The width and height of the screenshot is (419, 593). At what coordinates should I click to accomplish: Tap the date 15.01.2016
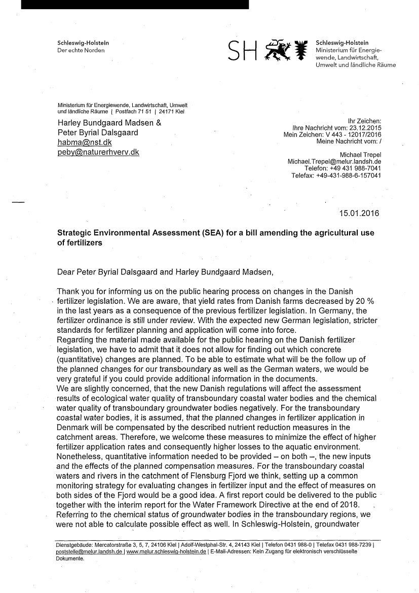(x=359, y=213)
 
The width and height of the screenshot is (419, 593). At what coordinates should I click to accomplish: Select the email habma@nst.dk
(x=85, y=143)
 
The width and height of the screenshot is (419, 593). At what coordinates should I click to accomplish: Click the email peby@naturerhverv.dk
(x=98, y=152)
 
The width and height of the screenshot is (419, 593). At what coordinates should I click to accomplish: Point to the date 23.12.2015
(x=363, y=127)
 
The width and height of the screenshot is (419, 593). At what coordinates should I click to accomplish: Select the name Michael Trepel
(x=360, y=154)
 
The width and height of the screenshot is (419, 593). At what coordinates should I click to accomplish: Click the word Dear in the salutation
(x=67, y=271)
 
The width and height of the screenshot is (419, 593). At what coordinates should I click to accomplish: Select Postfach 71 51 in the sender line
(x=137, y=111)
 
